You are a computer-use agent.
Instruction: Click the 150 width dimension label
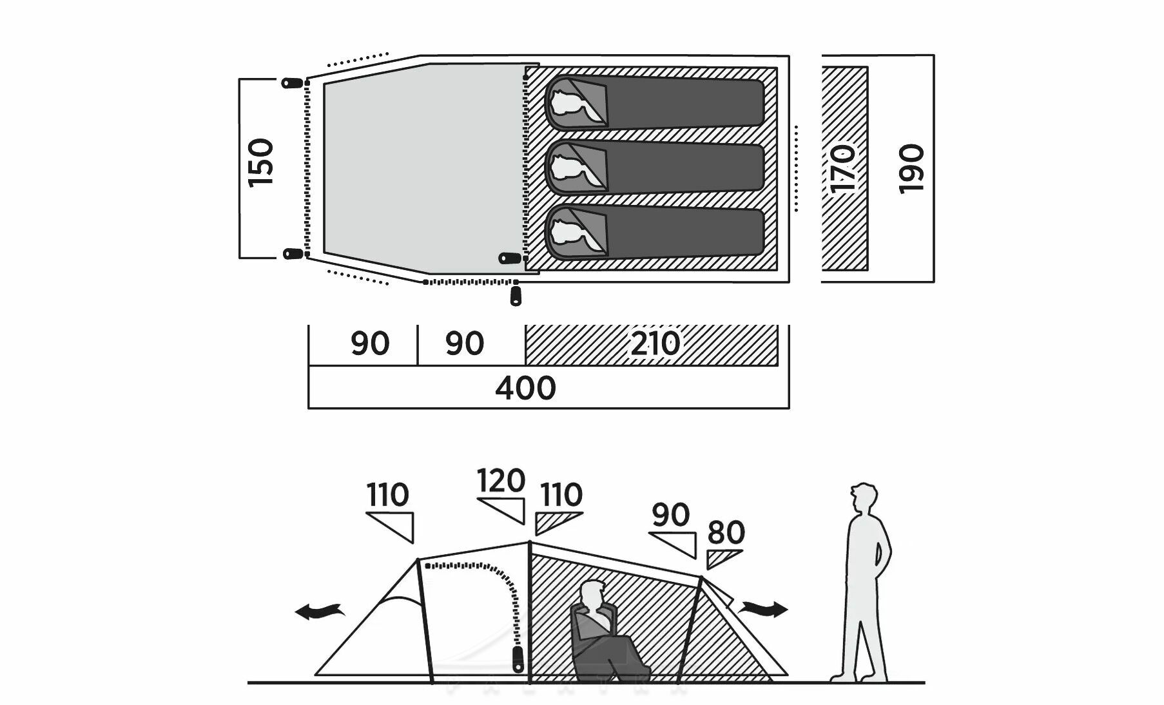pyautogui.click(x=262, y=162)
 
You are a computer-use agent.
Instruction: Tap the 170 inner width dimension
pyautogui.click(x=844, y=169)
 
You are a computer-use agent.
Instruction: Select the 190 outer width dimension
pyautogui.click(x=911, y=169)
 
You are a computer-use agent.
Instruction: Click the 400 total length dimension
pyautogui.click(x=525, y=388)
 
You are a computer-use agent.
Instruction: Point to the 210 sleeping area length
pyautogui.click(x=655, y=343)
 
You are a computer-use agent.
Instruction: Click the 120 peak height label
pyautogui.click(x=501, y=481)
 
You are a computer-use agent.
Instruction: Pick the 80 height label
pyautogui.click(x=726, y=533)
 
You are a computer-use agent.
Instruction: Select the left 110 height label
pyautogui.click(x=387, y=496)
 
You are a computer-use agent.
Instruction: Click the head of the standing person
pyautogui.click(x=863, y=498)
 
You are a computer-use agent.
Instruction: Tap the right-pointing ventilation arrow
pyautogui.click(x=764, y=608)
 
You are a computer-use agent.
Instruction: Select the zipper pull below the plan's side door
pyautogui.click(x=515, y=296)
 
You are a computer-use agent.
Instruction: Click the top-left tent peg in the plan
pyautogui.click(x=292, y=82)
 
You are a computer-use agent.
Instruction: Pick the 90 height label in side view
pyautogui.click(x=670, y=515)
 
